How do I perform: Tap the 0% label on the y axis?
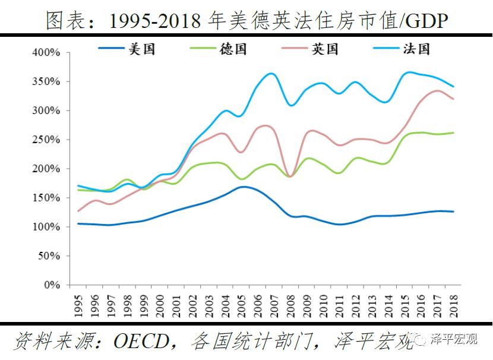tap(52, 285)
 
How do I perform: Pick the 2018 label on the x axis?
tap(454, 304)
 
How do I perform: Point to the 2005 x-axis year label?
tap(242, 304)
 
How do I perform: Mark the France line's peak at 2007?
tap(272, 74)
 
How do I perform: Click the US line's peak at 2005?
tap(242, 187)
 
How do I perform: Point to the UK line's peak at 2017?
tap(438, 91)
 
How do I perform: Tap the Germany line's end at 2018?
tap(454, 132)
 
